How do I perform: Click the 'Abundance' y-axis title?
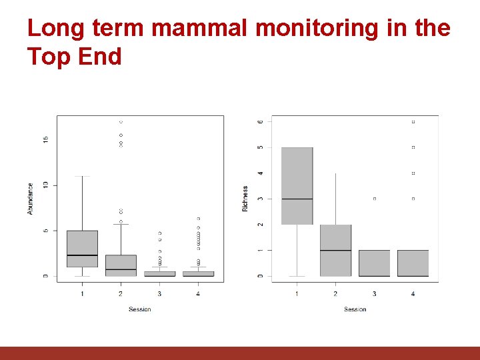31,199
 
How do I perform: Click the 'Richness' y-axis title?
245,199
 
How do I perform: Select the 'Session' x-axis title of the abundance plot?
140,309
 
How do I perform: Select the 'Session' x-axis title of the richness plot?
355,309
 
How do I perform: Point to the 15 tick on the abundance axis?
45,139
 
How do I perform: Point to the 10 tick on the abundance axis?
45,185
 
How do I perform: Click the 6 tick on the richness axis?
261,121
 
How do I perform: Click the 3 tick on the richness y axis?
261,199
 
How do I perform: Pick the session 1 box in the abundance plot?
82,249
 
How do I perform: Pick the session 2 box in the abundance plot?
121,265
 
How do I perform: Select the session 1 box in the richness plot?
297,185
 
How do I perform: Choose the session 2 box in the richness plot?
335,251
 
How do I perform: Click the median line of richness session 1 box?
297,199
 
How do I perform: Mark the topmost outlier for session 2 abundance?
121,122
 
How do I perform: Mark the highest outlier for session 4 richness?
413,122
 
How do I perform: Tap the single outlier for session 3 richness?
375,199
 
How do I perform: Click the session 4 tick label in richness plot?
413,293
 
